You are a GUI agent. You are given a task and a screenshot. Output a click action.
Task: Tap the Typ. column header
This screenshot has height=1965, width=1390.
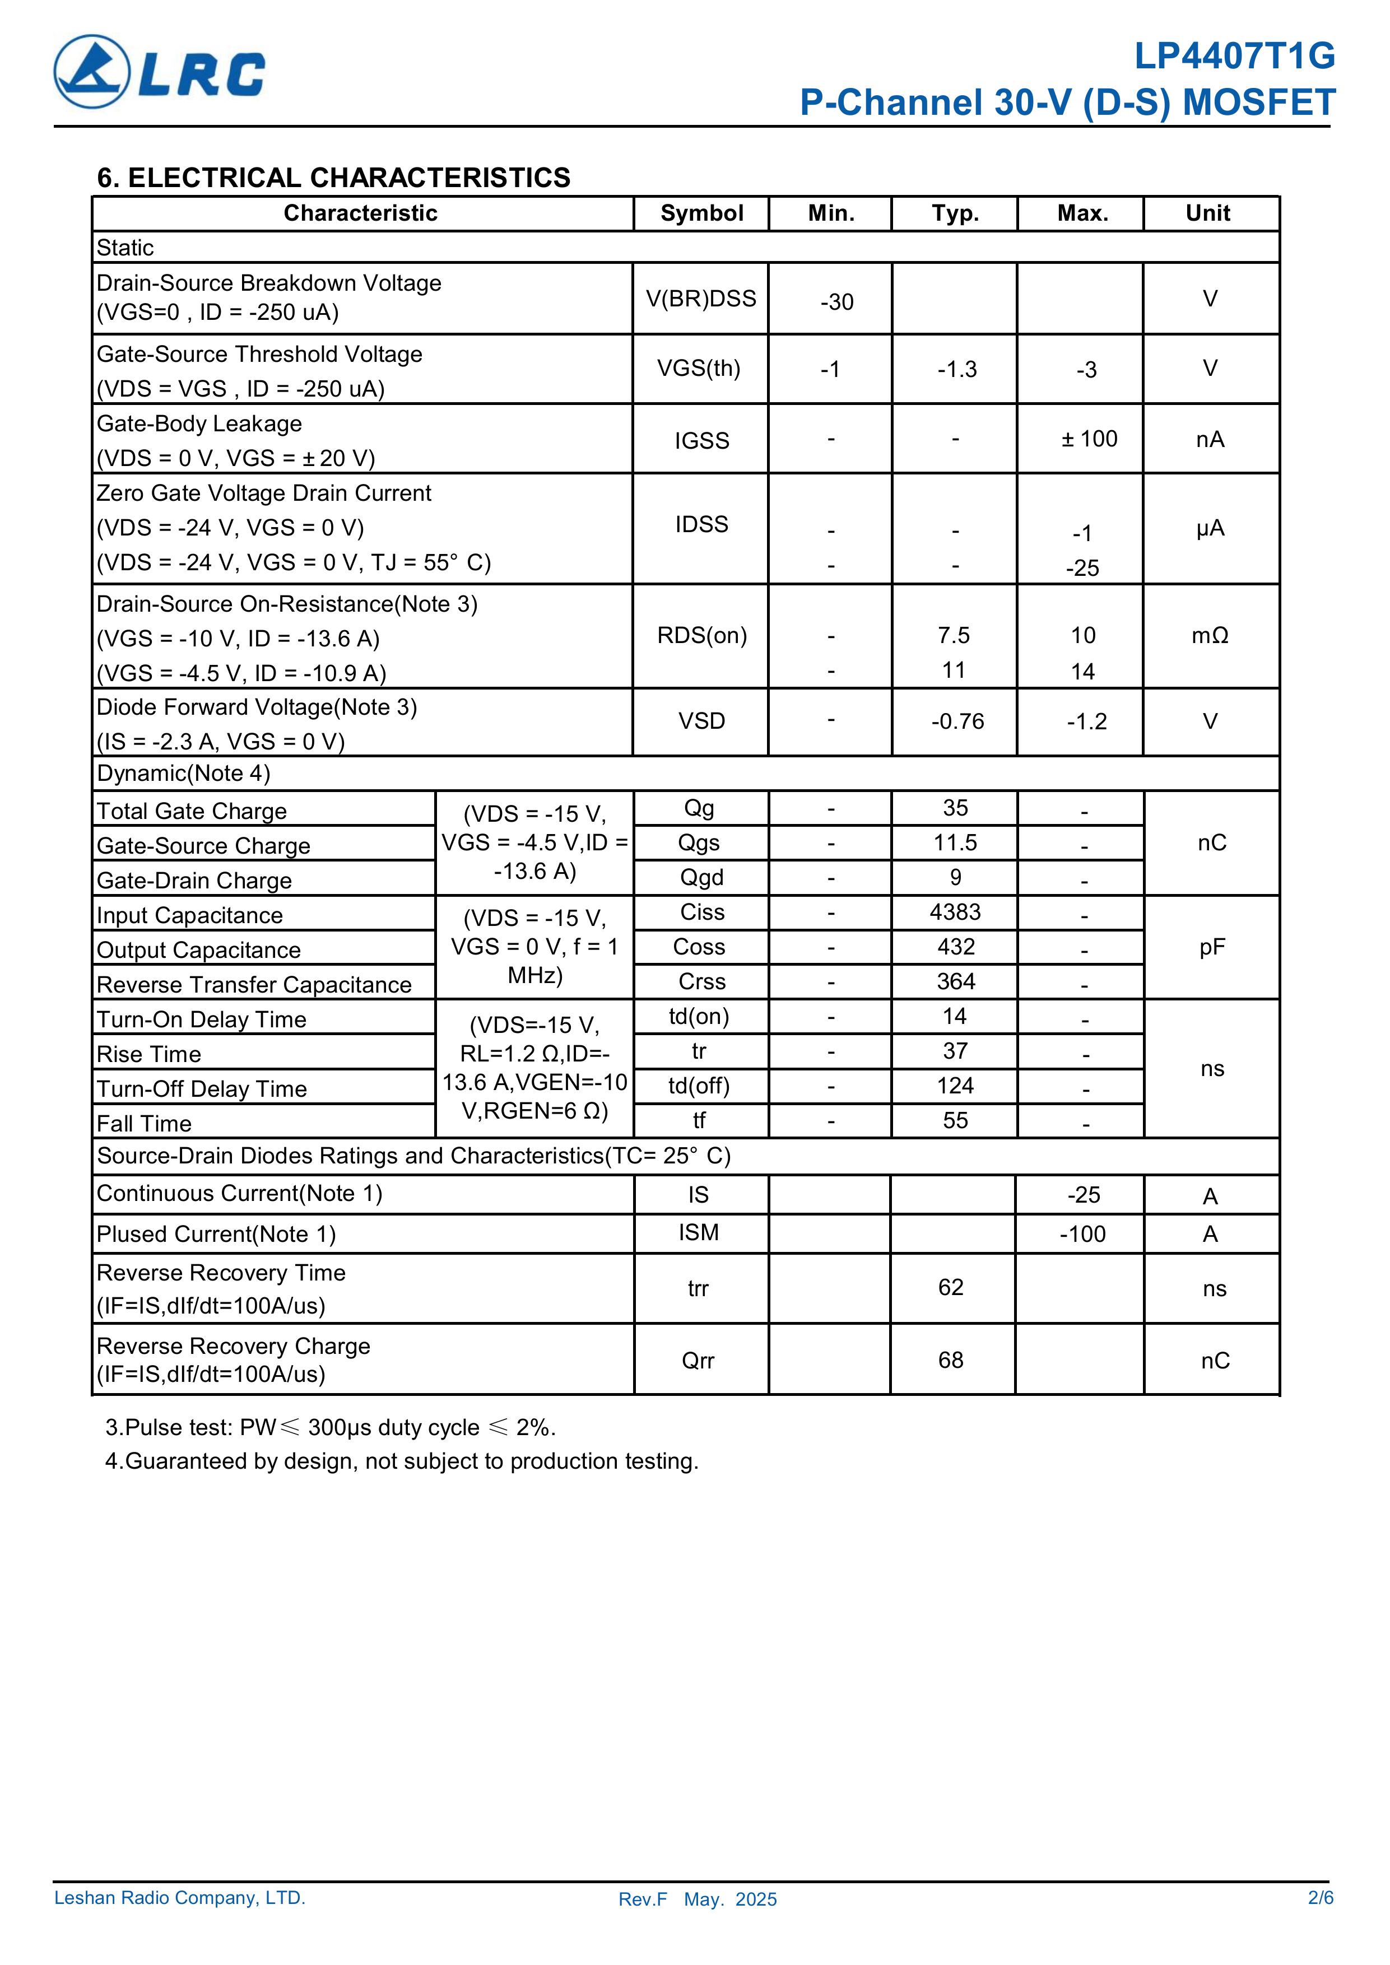click(954, 213)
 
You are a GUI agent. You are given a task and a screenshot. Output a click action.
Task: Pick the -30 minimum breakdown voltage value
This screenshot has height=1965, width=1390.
click(836, 302)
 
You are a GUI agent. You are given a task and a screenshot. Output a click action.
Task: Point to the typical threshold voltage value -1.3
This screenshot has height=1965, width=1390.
click(956, 370)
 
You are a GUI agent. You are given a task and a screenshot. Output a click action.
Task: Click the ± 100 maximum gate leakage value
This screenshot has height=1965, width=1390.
click(1089, 439)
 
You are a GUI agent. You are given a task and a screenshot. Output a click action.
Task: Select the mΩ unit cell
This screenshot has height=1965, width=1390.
click(1210, 636)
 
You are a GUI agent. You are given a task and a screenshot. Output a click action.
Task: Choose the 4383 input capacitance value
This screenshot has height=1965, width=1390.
click(954, 912)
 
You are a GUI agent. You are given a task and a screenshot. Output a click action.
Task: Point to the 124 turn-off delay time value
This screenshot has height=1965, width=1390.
click(954, 1086)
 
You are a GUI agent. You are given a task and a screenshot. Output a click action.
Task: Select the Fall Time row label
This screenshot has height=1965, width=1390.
click(144, 1123)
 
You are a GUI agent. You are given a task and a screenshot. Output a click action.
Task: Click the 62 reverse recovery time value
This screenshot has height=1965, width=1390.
click(950, 1287)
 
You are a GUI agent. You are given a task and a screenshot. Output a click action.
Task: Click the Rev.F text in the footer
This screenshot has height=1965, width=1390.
click(642, 1899)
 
